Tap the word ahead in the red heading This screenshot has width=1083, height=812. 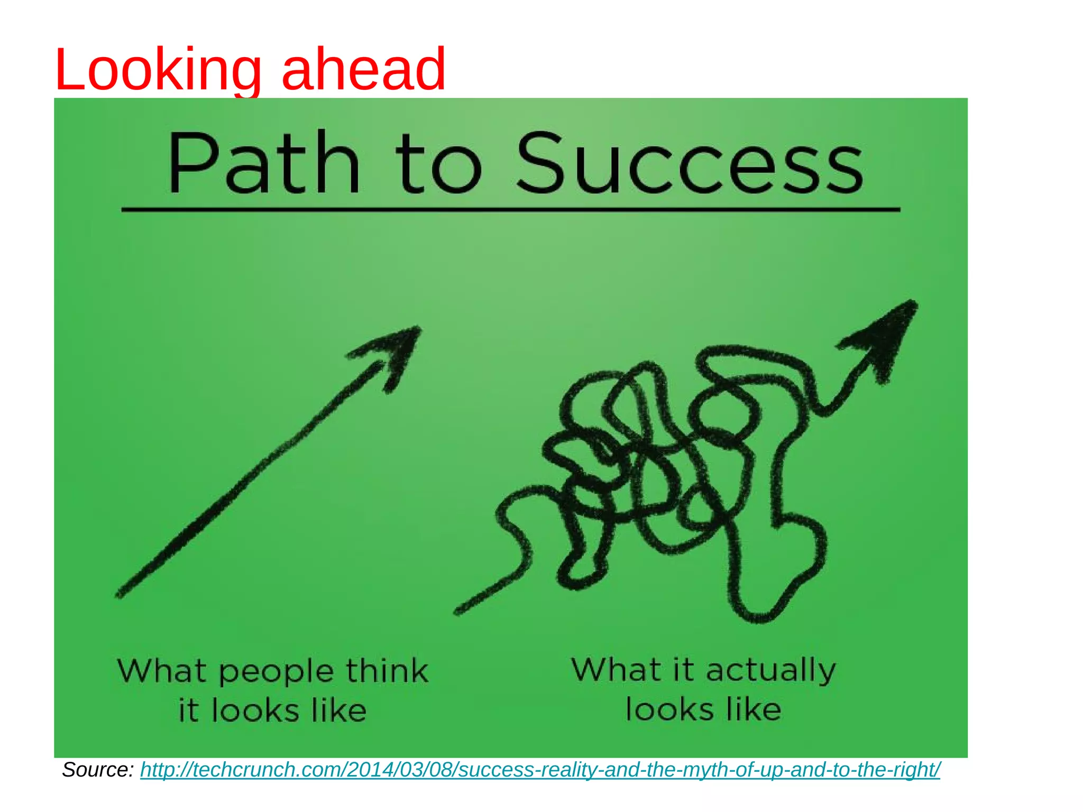point(364,69)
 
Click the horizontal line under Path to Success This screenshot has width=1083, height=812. point(510,210)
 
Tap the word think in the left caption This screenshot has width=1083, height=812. point(387,671)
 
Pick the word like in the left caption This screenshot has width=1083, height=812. point(339,710)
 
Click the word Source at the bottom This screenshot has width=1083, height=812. point(97,770)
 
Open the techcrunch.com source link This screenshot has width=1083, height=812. point(540,770)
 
